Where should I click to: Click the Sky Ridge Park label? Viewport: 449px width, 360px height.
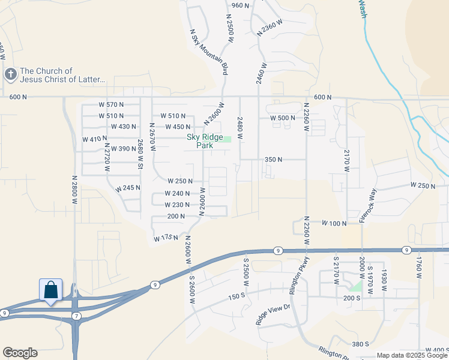coord(205,141)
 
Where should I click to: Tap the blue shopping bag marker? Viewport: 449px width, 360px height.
coord(51,290)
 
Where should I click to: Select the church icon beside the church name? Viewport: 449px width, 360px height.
coord(10,74)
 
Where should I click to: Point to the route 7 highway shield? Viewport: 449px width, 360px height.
coord(76,316)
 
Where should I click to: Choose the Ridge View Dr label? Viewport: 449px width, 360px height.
coord(273,314)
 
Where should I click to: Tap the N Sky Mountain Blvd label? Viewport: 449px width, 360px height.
coord(209,52)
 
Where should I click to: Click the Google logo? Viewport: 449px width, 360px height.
coord(20,353)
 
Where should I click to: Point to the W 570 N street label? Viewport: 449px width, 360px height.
coord(111,104)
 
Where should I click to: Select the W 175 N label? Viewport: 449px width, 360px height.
coord(166,238)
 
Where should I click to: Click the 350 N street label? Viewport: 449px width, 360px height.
coord(273,160)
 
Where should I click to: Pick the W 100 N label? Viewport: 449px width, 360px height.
coord(334,223)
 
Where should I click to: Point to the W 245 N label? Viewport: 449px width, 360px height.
coord(128,187)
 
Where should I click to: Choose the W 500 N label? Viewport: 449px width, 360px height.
coord(283,118)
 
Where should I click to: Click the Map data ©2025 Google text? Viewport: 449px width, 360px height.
coord(412,355)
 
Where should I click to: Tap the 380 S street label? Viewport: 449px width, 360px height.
coord(360,344)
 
